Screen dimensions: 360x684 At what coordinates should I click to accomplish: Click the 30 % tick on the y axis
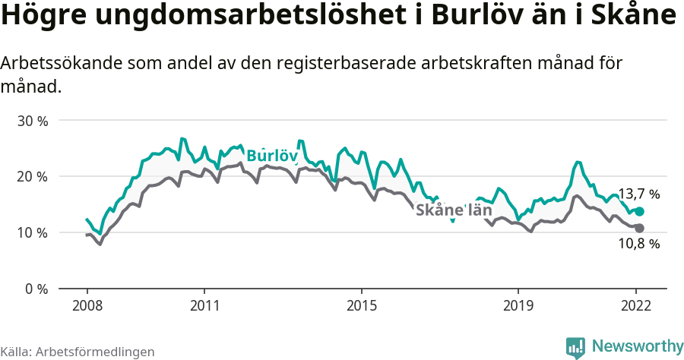click(33, 121)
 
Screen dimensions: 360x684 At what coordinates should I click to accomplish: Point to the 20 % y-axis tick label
click(33, 177)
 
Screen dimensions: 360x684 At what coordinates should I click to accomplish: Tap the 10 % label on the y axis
click(33, 232)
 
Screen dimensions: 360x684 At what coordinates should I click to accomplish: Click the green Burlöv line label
click(271, 156)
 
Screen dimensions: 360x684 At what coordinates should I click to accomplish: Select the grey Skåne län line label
click(454, 210)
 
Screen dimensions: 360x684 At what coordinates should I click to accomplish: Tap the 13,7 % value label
click(638, 194)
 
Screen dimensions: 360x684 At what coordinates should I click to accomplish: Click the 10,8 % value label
click(638, 244)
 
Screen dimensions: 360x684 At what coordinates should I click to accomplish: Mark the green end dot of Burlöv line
click(639, 211)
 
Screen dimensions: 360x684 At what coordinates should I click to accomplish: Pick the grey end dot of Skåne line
click(639, 228)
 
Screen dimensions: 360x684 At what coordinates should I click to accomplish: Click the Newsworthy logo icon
click(575, 347)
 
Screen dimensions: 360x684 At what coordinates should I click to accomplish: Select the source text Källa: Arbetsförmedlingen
click(78, 352)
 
